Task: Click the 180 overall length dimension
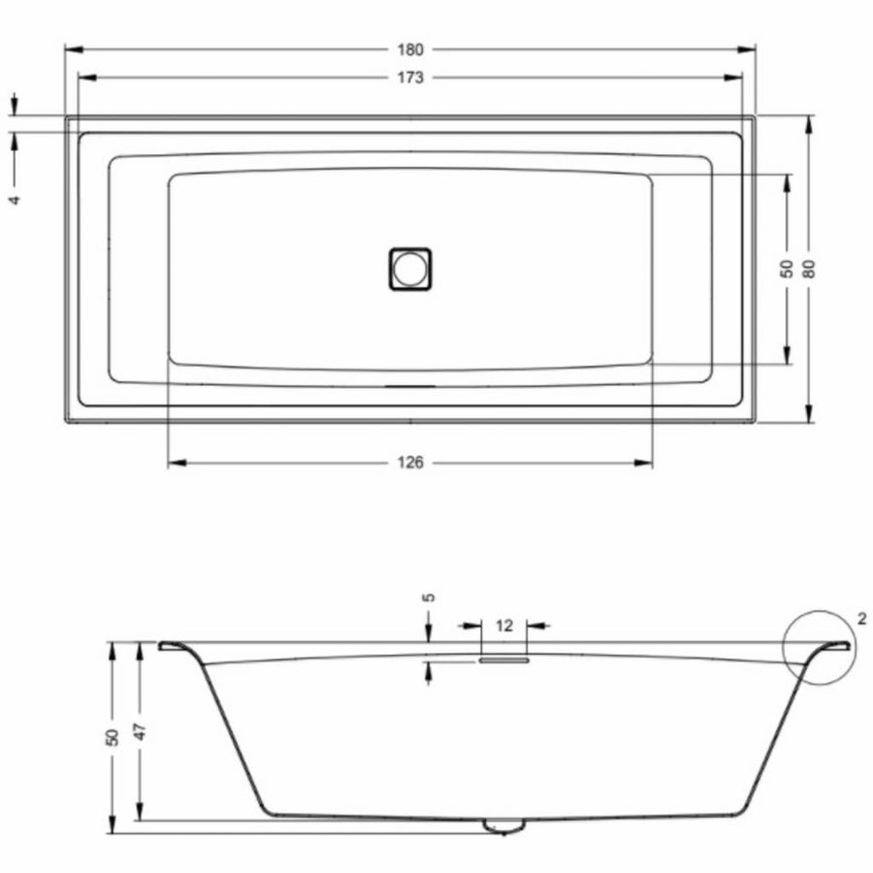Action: pyautogui.click(x=410, y=49)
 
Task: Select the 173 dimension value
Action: pyautogui.click(x=410, y=79)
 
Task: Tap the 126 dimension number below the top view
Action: pyautogui.click(x=410, y=463)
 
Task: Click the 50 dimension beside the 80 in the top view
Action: pyautogui.click(x=788, y=269)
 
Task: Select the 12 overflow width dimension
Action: pyautogui.click(x=503, y=627)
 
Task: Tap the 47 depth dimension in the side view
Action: pyautogui.click(x=140, y=731)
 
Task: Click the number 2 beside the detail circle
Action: pyautogui.click(x=862, y=619)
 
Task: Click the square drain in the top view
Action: pyautogui.click(x=410, y=268)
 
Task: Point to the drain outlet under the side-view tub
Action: pyautogui.click(x=503, y=825)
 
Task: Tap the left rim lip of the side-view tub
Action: pyautogui.click(x=175, y=644)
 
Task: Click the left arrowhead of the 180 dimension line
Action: pyautogui.click(x=70, y=49)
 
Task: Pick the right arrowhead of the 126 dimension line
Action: pyautogui.click(x=647, y=463)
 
